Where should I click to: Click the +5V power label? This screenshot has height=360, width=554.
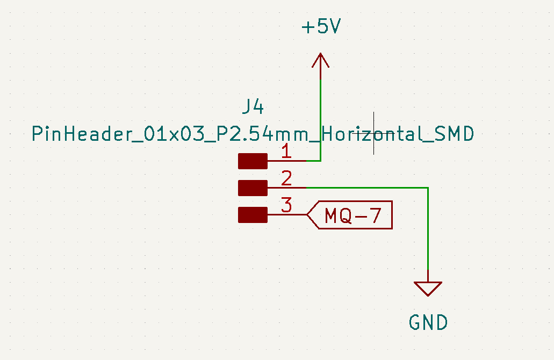[x=321, y=26]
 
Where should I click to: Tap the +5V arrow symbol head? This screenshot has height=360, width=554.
[x=320, y=60]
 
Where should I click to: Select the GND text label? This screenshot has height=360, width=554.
[x=428, y=322]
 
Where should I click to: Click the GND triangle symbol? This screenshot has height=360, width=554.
[x=428, y=289]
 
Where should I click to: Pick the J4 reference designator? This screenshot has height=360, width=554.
[x=253, y=107]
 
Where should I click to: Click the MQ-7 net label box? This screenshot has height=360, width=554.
[x=349, y=215]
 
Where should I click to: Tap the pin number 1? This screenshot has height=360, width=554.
[x=286, y=151]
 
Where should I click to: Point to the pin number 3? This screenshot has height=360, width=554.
[x=286, y=205]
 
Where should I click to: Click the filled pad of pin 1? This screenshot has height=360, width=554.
[x=253, y=161]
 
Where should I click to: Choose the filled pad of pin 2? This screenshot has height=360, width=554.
[x=253, y=188]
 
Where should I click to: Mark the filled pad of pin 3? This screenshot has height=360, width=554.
[x=253, y=215]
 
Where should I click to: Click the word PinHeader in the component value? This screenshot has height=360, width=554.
[x=82, y=134]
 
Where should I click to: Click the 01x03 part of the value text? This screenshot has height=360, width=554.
[x=175, y=134]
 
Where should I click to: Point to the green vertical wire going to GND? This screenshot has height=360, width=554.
[x=428, y=228]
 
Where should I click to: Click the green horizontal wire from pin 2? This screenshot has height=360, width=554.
[x=367, y=188]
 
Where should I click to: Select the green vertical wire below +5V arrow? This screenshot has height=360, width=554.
[x=320, y=120]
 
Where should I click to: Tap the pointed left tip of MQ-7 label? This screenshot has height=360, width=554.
[x=307, y=215]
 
